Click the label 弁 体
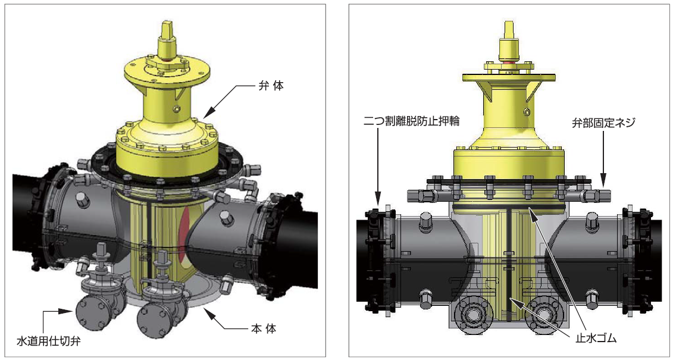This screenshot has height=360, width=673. [x=273, y=86]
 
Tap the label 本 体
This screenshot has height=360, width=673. [x=263, y=330]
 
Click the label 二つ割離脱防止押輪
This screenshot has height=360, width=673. [x=411, y=121]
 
